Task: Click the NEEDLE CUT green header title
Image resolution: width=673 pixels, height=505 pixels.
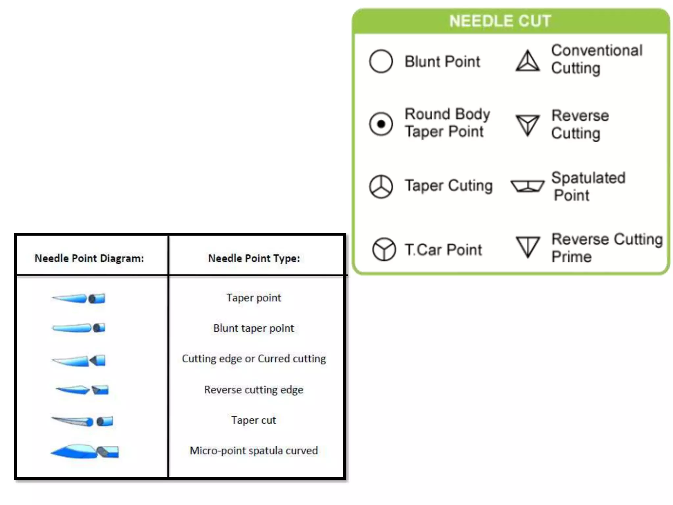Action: (500, 21)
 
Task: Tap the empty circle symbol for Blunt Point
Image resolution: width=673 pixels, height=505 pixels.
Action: (381, 61)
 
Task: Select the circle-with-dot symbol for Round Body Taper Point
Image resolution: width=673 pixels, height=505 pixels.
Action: (381, 124)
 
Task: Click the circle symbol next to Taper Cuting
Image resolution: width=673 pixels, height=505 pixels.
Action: (381, 186)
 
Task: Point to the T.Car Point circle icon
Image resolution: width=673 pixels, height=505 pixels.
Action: (384, 249)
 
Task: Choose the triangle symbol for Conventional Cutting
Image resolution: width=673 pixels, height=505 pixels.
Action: (527, 61)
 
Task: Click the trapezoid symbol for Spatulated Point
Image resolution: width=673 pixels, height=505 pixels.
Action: (527, 186)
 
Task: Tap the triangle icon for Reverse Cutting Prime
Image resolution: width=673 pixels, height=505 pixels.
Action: (528, 246)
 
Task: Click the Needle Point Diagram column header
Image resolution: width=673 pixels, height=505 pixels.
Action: (89, 258)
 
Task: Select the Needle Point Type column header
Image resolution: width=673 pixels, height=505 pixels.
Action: (254, 258)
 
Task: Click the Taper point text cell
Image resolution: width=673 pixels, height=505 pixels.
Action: (254, 298)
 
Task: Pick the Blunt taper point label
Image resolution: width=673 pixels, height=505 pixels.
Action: (254, 328)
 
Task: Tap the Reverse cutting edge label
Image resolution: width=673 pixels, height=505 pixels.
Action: (254, 390)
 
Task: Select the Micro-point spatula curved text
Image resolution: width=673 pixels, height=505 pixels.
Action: (254, 450)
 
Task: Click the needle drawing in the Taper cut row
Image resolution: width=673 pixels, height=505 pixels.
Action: (82, 421)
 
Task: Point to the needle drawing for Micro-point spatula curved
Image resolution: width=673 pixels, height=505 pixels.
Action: (85, 451)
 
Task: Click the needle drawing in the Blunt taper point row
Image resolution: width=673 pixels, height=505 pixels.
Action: (79, 328)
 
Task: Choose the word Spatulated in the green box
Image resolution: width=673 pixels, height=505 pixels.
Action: (588, 178)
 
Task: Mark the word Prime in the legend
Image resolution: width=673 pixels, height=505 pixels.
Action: (571, 257)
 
